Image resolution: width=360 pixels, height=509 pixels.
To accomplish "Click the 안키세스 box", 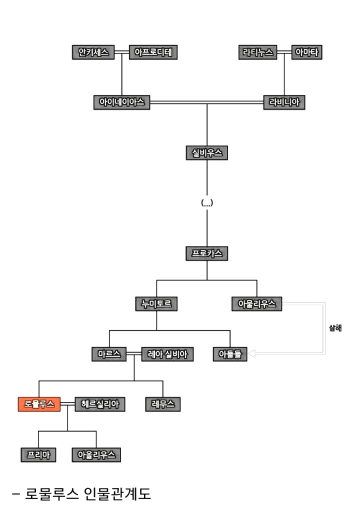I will pos(93,52).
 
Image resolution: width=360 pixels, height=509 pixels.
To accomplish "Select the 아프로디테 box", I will pos(153,52).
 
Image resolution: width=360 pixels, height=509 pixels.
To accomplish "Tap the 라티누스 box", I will pos(258,52).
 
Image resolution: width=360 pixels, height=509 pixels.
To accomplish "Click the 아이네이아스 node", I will pos(121,102).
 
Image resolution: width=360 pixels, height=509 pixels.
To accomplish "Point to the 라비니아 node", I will pos(284,102).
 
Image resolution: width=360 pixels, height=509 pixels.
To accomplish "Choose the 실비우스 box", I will pos(206,153).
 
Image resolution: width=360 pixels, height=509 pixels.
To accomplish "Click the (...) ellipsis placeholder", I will pos(207,203).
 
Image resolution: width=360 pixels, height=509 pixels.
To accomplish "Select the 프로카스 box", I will pos(206,253).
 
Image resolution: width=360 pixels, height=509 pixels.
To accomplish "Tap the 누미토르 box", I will pos(156,303).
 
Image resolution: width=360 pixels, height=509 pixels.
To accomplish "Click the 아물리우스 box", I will pos(257,303).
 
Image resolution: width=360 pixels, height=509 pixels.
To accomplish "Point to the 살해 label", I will pos(335,328).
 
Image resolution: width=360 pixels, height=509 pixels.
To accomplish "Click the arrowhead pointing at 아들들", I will pos(251,354).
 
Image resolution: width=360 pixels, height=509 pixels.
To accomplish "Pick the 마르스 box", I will pos(109,354).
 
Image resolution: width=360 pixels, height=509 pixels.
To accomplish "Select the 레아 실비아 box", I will pos(167,354).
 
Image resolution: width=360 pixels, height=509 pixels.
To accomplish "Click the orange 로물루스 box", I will pos(39,404).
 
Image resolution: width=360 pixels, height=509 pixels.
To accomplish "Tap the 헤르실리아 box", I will pos(99,404).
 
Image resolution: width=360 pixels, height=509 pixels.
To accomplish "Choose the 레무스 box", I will pos(163,404).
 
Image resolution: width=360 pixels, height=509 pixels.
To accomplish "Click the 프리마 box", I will pos(38,454).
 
